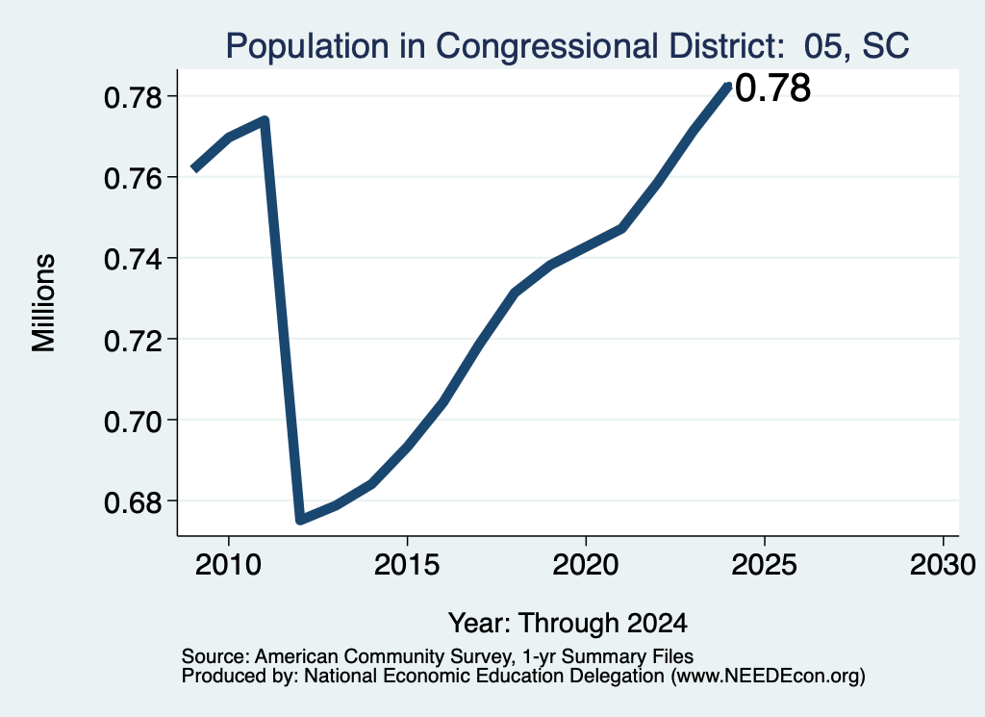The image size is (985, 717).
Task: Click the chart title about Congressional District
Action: (568, 46)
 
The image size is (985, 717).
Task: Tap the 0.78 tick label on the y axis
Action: (133, 97)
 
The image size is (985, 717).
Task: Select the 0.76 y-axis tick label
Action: (133, 178)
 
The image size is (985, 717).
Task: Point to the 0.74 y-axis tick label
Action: (133, 259)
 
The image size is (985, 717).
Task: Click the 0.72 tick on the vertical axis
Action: (133, 340)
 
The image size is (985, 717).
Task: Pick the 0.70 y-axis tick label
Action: (133, 421)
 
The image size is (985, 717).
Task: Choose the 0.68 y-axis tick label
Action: (133, 502)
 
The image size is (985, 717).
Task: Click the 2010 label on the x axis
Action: (228, 565)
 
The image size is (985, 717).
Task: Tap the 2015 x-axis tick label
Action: (407, 565)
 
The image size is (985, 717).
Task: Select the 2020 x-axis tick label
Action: (586, 565)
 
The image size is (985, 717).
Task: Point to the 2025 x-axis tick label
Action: (765, 565)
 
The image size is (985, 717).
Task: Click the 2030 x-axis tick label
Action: (943, 565)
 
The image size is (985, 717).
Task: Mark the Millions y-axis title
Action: (44, 303)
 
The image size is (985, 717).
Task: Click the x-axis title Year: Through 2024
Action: (568, 624)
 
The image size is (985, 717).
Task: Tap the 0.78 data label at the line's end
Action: (772, 88)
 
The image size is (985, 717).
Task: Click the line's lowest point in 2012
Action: (300, 519)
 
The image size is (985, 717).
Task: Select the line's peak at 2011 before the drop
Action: (265, 120)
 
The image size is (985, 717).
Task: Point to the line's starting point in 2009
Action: (194, 169)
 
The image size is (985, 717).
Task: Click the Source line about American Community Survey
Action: (438, 656)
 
